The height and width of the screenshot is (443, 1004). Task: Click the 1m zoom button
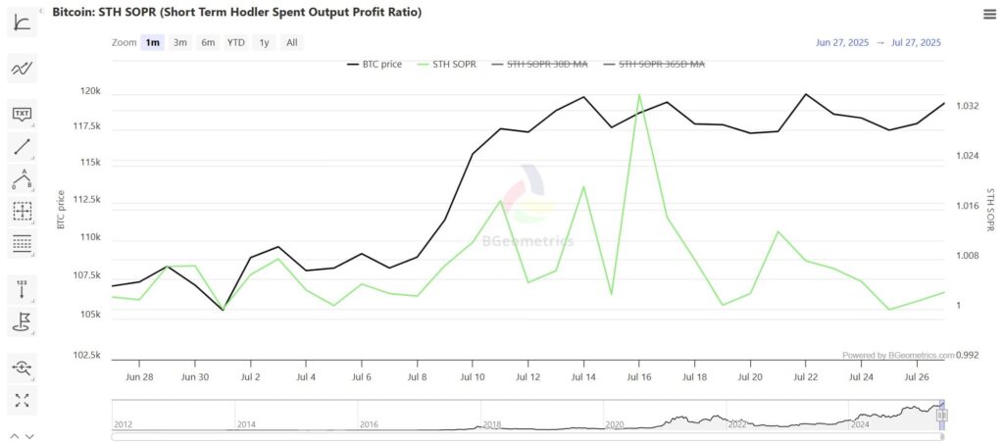coord(152,42)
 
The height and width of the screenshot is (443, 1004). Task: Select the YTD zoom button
coord(236,42)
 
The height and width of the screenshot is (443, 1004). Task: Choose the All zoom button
coord(292,42)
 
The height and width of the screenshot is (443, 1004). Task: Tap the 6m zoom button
coord(208,42)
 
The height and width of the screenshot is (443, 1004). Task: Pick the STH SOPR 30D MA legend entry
coord(548,65)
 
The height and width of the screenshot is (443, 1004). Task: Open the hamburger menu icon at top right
coord(989,13)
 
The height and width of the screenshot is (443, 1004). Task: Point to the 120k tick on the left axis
coord(91,91)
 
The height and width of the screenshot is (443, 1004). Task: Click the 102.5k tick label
coord(86,355)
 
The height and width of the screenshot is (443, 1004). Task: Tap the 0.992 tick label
coord(968,355)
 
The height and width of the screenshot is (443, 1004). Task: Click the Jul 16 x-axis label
coord(639,375)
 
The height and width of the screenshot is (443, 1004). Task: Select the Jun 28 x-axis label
coord(140,375)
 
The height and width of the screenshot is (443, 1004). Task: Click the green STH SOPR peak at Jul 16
coord(639,95)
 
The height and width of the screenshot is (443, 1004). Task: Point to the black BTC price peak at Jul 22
coord(805,95)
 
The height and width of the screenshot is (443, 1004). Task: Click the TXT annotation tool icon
coord(22,115)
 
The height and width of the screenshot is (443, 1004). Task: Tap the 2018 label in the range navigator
coord(490,424)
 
